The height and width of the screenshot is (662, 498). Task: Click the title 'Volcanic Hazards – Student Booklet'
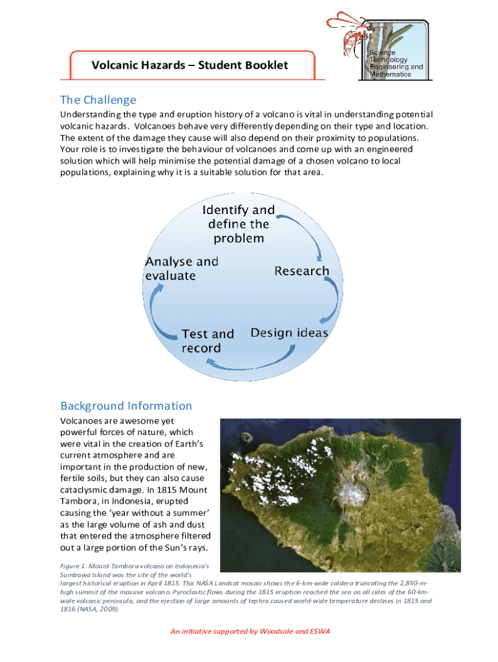click(189, 65)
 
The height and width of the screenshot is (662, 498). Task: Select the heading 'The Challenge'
click(98, 100)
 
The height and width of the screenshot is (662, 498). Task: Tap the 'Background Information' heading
click(126, 406)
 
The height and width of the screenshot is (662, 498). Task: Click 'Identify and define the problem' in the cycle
click(239, 224)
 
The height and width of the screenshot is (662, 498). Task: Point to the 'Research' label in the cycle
click(301, 271)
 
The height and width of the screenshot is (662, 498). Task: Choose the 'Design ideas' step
click(289, 333)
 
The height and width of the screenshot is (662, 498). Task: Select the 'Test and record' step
click(207, 341)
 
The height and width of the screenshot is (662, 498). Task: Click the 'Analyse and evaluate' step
click(181, 268)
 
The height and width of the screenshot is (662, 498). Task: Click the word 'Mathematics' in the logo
click(390, 74)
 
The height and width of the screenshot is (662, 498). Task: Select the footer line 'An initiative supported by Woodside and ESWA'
click(250, 631)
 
